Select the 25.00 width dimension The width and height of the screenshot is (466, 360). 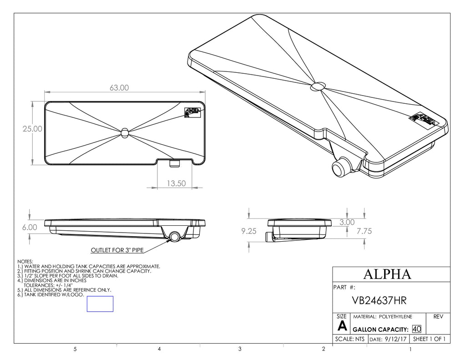coord(32,129)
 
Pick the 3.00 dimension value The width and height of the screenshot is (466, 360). coord(347,222)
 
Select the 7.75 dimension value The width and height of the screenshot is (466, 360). coord(364,231)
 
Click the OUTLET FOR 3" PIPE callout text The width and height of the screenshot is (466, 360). coord(119,250)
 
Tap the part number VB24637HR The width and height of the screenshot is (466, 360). coord(379,301)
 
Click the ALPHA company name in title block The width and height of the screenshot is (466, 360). coord(388,274)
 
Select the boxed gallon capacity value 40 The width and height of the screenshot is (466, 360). coord(416,329)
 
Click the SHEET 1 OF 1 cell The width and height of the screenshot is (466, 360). coord(429,340)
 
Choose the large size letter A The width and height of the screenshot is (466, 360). coord(342,326)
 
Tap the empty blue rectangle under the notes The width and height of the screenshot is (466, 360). coord(100,304)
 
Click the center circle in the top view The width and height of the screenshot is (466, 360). coord(125,132)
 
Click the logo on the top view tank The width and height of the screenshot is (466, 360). coord(192,112)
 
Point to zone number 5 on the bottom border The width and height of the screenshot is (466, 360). coord(75,350)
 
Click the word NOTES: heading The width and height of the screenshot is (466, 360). coord(25,262)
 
